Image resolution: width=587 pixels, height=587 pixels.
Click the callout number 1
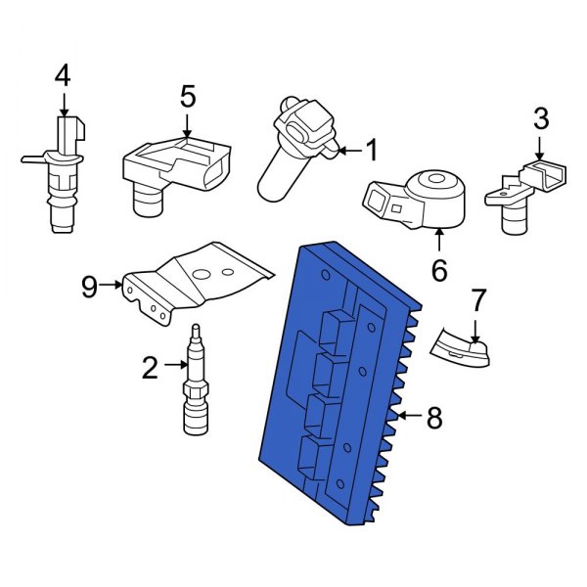click(371, 150)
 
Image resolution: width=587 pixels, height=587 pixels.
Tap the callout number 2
click(150, 367)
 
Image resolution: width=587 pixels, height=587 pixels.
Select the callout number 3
click(540, 120)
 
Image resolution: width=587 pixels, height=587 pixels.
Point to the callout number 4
click(63, 74)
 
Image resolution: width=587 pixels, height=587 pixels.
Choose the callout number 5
click(187, 96)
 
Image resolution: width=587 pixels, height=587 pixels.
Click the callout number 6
click(438, 270)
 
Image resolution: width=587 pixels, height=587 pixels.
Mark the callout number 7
click(477, 297)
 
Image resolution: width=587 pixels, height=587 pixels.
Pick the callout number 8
click(434, 419)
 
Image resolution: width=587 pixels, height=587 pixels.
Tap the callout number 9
click(89, 286)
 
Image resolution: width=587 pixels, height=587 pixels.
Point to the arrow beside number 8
click(408, 419)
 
